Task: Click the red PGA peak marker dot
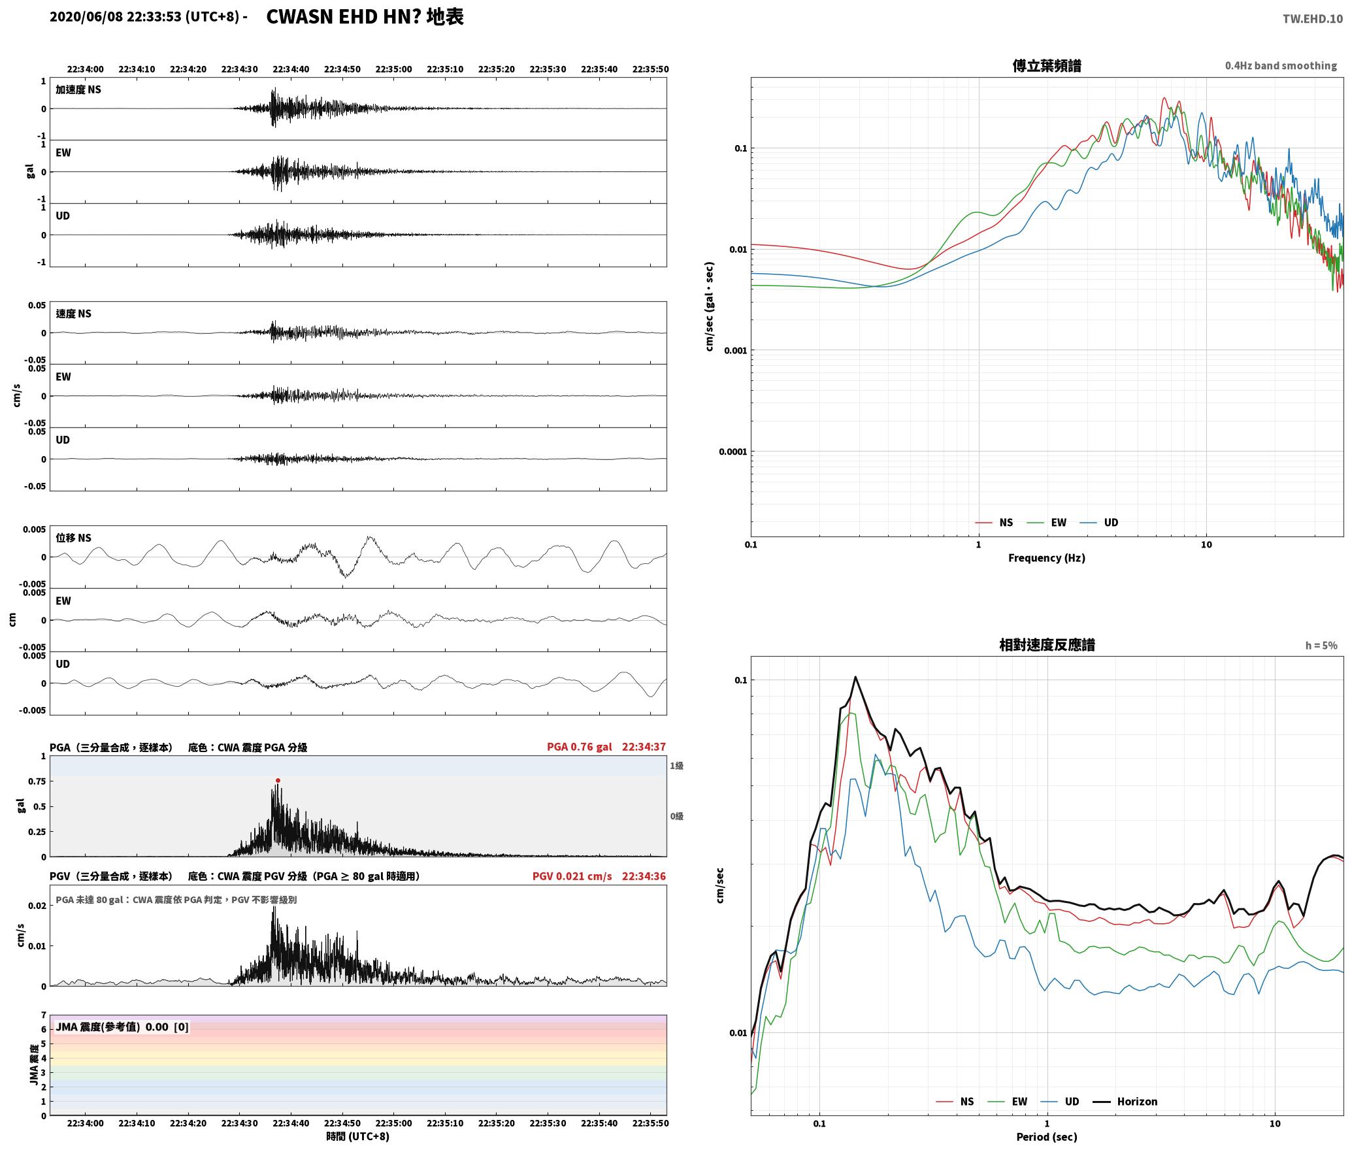[x=278, y=780]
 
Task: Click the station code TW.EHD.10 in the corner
[x=1312, y=19]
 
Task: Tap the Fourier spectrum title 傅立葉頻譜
[x=1046, y=66]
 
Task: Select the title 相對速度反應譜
[x=1046, y=645]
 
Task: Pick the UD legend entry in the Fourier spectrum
[x=1098, y=522]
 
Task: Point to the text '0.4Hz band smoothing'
[x=1281, y=66]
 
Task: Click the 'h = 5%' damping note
[x=1321, y=646]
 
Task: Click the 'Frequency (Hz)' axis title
[x=1046, y=558]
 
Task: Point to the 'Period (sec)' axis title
[x=1046, y=1137]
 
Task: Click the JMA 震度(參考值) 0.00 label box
[x=122, y=1027]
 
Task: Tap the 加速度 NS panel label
[x=78, y=90]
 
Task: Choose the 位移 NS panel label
[x=73, y=538]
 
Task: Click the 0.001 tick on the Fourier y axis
[x=735, y=350]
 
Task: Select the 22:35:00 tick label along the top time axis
[x=393, y=69]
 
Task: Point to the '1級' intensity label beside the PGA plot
[x=676, y=766]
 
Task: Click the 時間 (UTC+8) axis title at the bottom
[x=357, y=1136]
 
